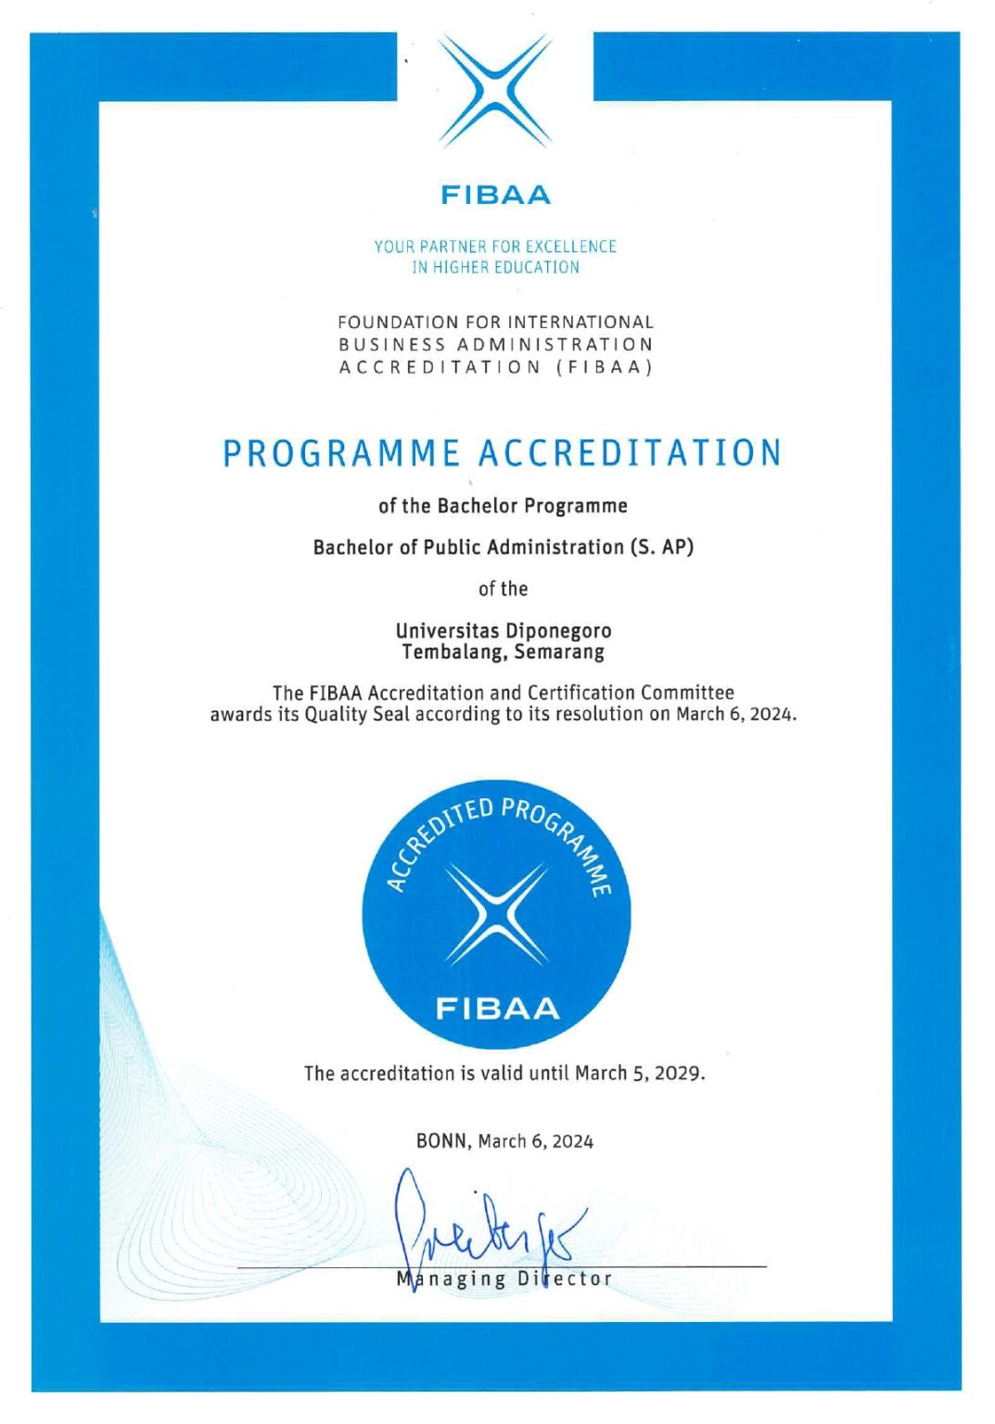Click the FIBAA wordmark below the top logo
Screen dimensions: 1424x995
tap(495, 195)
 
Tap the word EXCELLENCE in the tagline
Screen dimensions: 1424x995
tap(570, 247)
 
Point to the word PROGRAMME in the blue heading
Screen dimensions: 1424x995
tap(341, 453)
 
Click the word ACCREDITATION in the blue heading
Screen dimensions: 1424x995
tap(631, 453)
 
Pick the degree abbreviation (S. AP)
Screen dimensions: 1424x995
tap(662, 547)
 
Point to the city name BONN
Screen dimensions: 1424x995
tap(442, 1141)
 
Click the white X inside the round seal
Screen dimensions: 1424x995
tap(496, 914)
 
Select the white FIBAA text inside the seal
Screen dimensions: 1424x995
tap(497, 1009)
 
